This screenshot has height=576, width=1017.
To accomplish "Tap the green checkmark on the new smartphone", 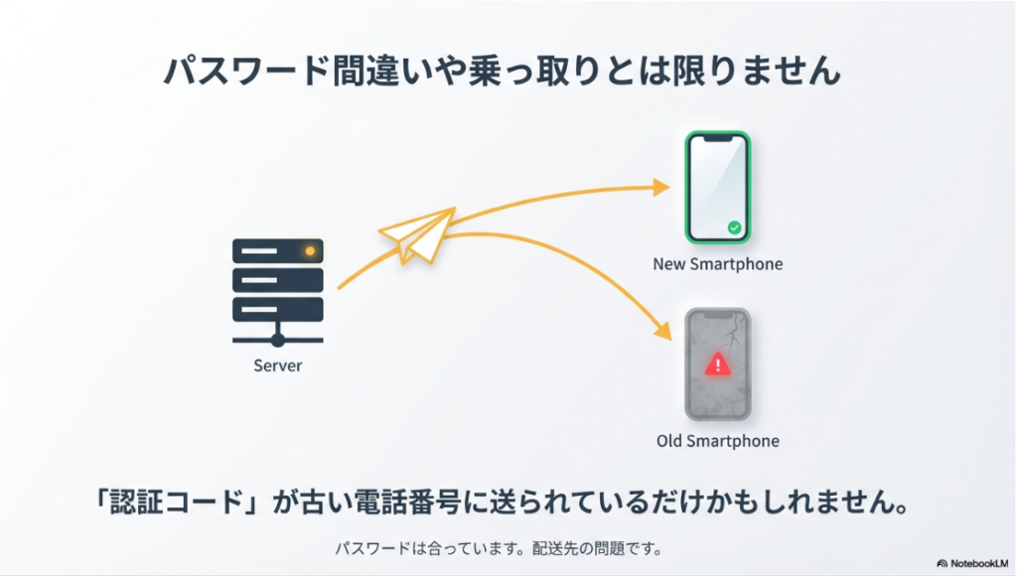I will point(734,227).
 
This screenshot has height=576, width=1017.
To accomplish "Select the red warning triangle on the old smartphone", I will point(717,364).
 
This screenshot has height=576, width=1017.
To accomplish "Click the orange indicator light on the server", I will point(310,251).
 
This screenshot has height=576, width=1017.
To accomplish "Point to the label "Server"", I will point(278,365).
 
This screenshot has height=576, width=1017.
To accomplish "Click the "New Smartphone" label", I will point(717,264).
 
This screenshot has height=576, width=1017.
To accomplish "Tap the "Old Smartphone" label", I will point(717,440).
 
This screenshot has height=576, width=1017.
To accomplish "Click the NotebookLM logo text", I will point(977,563).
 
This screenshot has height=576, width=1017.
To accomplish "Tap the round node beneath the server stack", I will point(278,340).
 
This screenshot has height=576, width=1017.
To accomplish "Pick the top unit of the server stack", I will point(278,251).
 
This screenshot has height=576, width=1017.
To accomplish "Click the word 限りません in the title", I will point(757,72).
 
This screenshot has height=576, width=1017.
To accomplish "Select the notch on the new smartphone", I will point(717,140).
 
